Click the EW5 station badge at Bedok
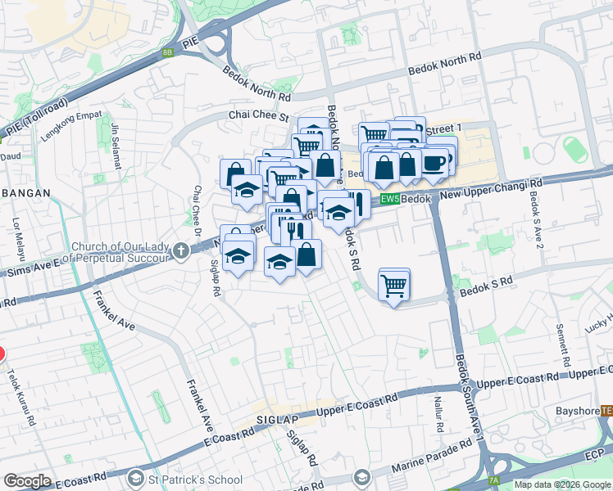(389, 199)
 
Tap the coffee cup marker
(434, 163)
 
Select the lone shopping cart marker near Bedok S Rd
(394, 286)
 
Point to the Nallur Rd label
(438, 416)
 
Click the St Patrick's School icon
(137, 477)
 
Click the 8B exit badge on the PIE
(168, 52)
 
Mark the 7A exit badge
(493, 480)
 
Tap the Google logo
(28, 481)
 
